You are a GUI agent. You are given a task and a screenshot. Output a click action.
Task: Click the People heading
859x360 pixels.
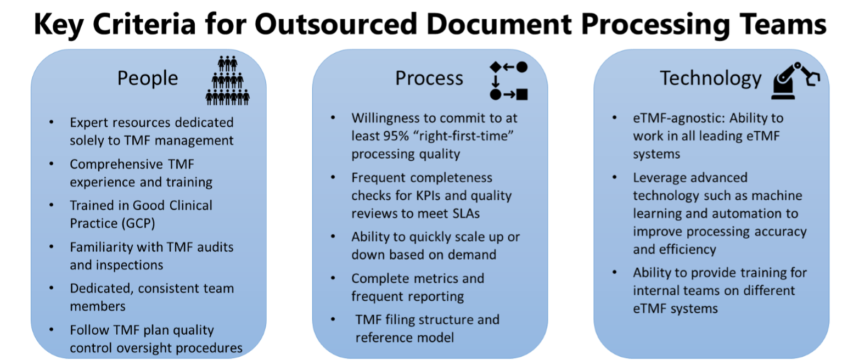pos(147,78)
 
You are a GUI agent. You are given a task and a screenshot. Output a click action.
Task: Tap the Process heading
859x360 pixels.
pos(429,78)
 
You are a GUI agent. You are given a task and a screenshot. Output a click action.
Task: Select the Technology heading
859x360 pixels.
pos(710,78)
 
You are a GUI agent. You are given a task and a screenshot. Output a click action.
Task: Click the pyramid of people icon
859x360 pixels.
pos(227,80)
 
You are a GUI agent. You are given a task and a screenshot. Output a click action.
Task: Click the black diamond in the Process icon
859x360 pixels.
pos(495,67)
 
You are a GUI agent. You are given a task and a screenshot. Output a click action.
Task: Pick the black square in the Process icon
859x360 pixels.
pos(522,94)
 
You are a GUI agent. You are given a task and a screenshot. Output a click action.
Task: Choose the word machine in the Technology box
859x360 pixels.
pos(773,195)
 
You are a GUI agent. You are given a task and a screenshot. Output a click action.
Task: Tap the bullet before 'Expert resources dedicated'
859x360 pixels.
pos(50,122)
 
